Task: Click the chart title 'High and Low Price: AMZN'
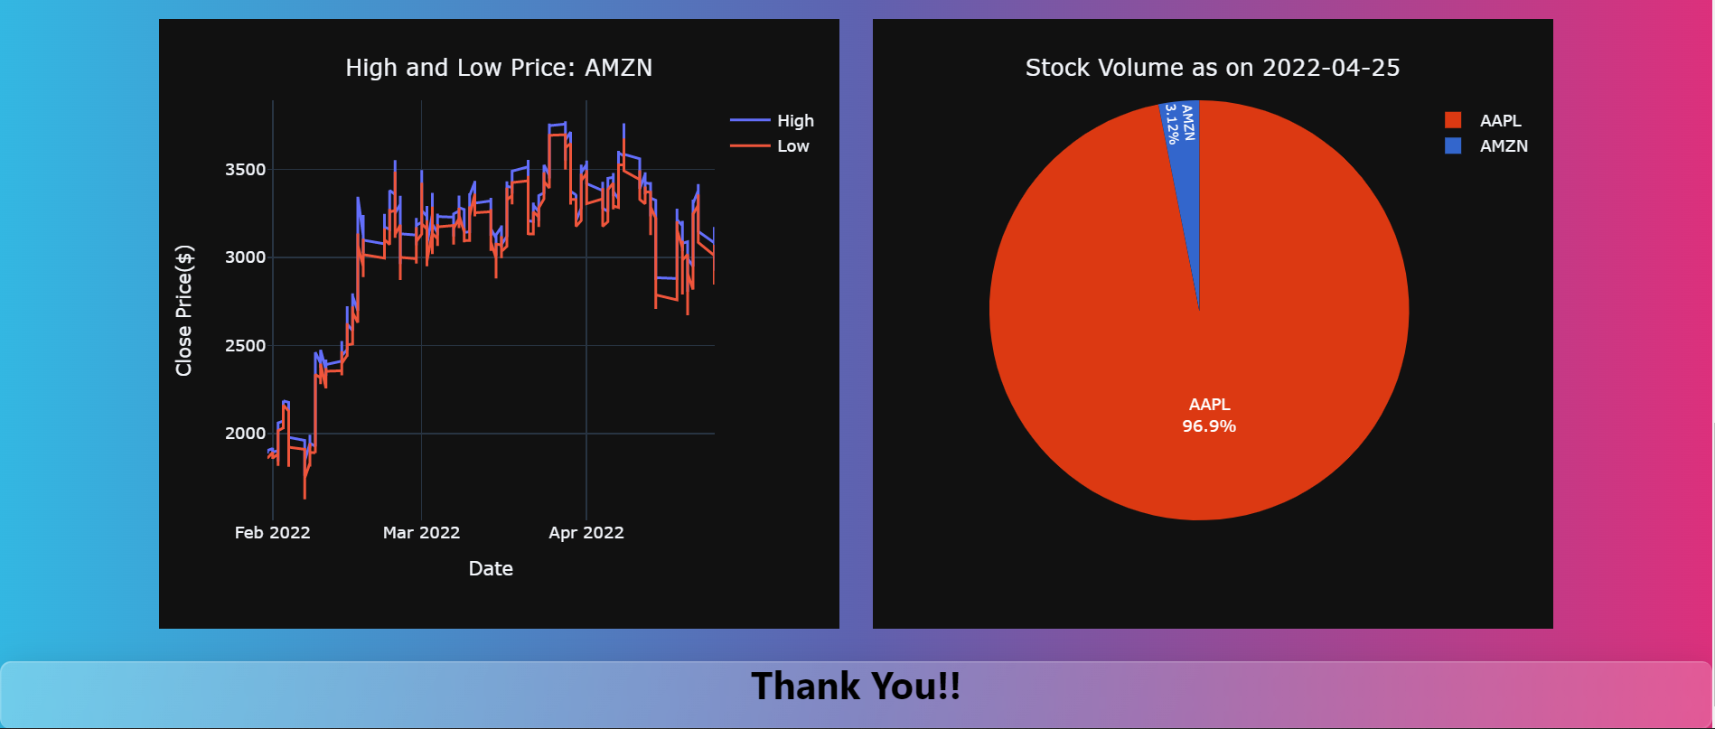click(499, 68)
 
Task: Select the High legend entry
click(795, 121)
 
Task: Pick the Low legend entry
click(792, 146)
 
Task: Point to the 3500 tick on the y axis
click(245, 170)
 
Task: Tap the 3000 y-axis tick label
click(245, 257)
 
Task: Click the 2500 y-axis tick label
click(245, 346)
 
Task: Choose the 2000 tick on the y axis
click(245, 434)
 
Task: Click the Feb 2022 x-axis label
click(272, 533)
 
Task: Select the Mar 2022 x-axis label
click(421, 533)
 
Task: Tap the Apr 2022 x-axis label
click(586, 533)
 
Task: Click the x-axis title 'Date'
click(491, 569)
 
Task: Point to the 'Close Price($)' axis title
click(184, 310)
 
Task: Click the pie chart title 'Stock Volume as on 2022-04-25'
click(1213, 68)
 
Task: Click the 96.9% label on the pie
click(1209, 426)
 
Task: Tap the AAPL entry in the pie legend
click(1500, 121)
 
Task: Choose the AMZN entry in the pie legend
click(1504, 146)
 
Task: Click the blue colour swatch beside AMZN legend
click(1453, 145)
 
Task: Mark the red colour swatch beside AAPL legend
click(1453, 120)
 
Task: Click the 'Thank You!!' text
click(856, 687)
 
